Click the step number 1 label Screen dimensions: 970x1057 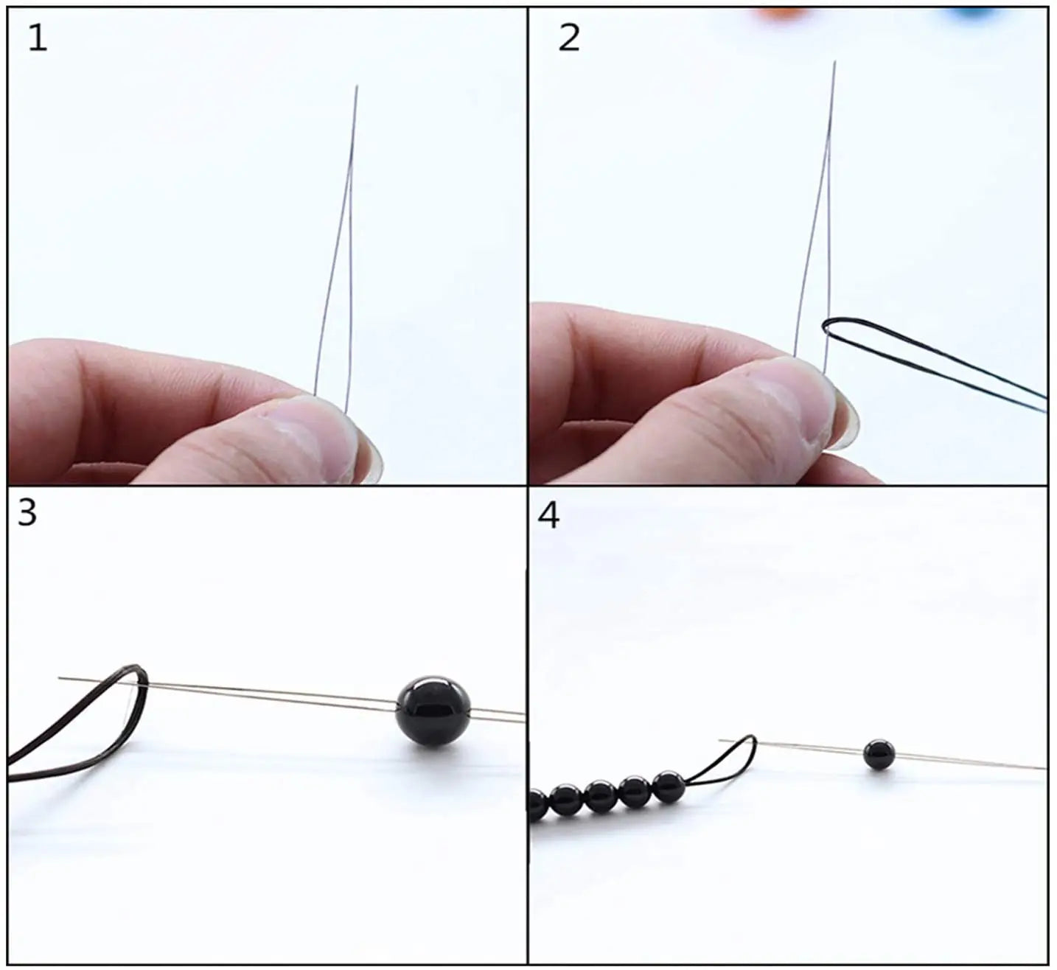point(37,39)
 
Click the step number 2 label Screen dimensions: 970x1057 point(569,39)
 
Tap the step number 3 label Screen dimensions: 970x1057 point(27,514)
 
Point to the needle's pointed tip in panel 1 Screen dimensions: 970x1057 point(357,88)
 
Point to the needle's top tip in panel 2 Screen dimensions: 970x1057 point(834,63)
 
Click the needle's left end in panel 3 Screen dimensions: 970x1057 point(60,677)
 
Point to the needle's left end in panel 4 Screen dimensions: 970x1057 point(721,740)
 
